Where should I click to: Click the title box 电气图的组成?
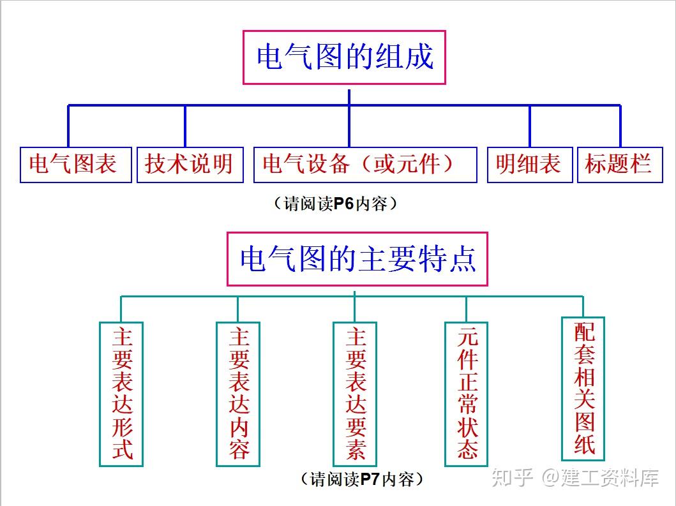point(344,57)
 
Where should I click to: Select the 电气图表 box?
point(75,165)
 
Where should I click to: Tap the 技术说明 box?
point(190,165)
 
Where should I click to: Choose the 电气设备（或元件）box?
point(365,165)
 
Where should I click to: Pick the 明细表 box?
point(529,165)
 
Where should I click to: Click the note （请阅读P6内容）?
point(335,204)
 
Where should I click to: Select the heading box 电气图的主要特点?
point(357,259)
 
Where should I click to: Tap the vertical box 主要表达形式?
point(121,393)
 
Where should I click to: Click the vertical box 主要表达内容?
point(238,393)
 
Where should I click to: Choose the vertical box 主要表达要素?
point(355,393)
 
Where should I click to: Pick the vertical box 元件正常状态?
point(467,393)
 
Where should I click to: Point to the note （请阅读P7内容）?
point(361,479)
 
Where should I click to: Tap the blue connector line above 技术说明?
point(185,126)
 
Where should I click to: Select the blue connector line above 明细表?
point(529,126)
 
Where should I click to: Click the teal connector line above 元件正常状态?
point(467,309)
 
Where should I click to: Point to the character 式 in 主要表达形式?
point(122,449)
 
